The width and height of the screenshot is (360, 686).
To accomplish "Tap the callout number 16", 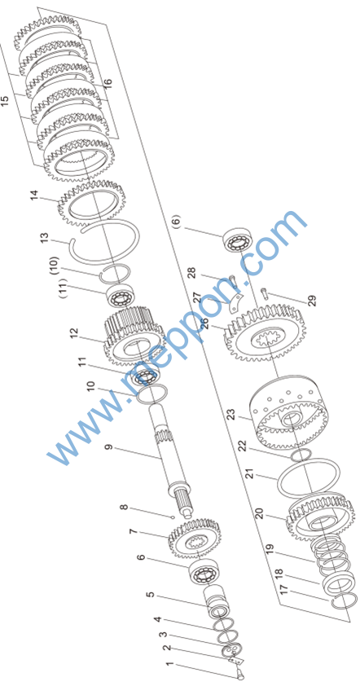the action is [x=108, y=81].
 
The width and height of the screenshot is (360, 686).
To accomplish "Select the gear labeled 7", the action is [x=195, y=539].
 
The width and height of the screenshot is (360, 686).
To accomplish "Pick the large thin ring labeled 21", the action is [x=309, y=477].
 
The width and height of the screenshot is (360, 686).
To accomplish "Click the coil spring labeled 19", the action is [x=331, y=551].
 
